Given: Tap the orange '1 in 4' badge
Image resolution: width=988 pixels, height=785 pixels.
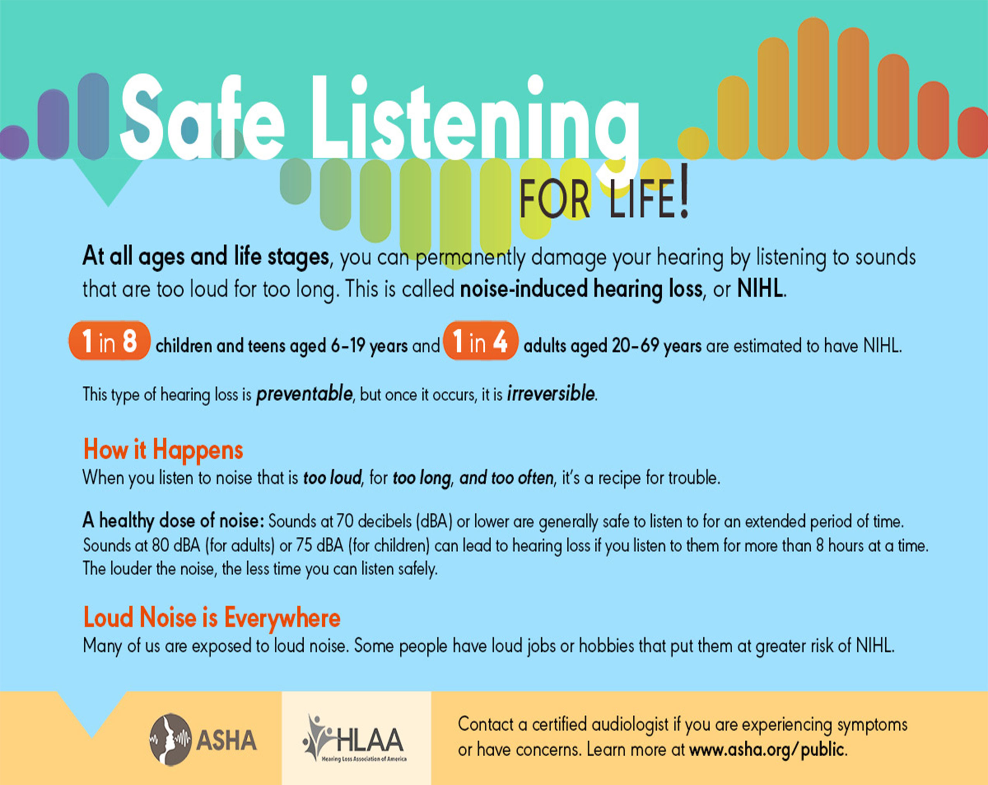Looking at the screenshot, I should [x=480, y=341].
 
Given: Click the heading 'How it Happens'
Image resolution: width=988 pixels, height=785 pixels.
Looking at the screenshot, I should [x=163, y=449].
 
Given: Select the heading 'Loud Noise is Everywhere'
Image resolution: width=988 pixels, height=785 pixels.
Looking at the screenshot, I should [x=212, y=617].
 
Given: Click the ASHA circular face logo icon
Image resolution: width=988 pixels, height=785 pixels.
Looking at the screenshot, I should [x=170, y=739].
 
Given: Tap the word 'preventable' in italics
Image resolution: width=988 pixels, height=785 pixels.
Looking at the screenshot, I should [x=304, y=394].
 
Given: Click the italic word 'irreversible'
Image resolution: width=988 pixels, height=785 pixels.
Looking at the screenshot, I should [x=550, y=394].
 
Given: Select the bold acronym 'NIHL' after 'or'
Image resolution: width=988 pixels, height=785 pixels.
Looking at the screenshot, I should [x=760, y=289].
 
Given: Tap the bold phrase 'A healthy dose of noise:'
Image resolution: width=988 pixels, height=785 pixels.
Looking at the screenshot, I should [x=173, y=521].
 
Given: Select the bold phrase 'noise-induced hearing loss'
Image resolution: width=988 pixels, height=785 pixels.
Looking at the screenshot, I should [x=581, y=289].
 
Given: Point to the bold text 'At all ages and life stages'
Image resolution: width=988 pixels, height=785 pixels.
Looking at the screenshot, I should [x=205, y=256].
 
